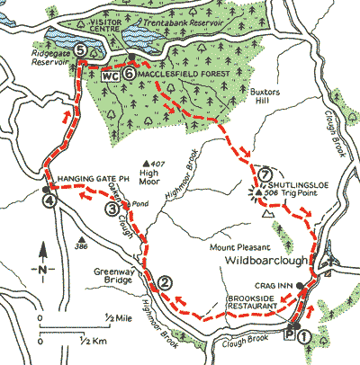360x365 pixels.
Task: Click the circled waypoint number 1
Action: pos(305,336)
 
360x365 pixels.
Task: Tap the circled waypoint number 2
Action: pos(164,283)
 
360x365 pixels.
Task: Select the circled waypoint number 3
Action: pos(112,209)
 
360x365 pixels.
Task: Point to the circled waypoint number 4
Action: pos(48,201)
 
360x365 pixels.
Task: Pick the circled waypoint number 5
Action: pos(81,51)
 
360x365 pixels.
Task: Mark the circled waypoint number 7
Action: pos(264,174)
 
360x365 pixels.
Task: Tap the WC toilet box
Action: pos(111,76)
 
